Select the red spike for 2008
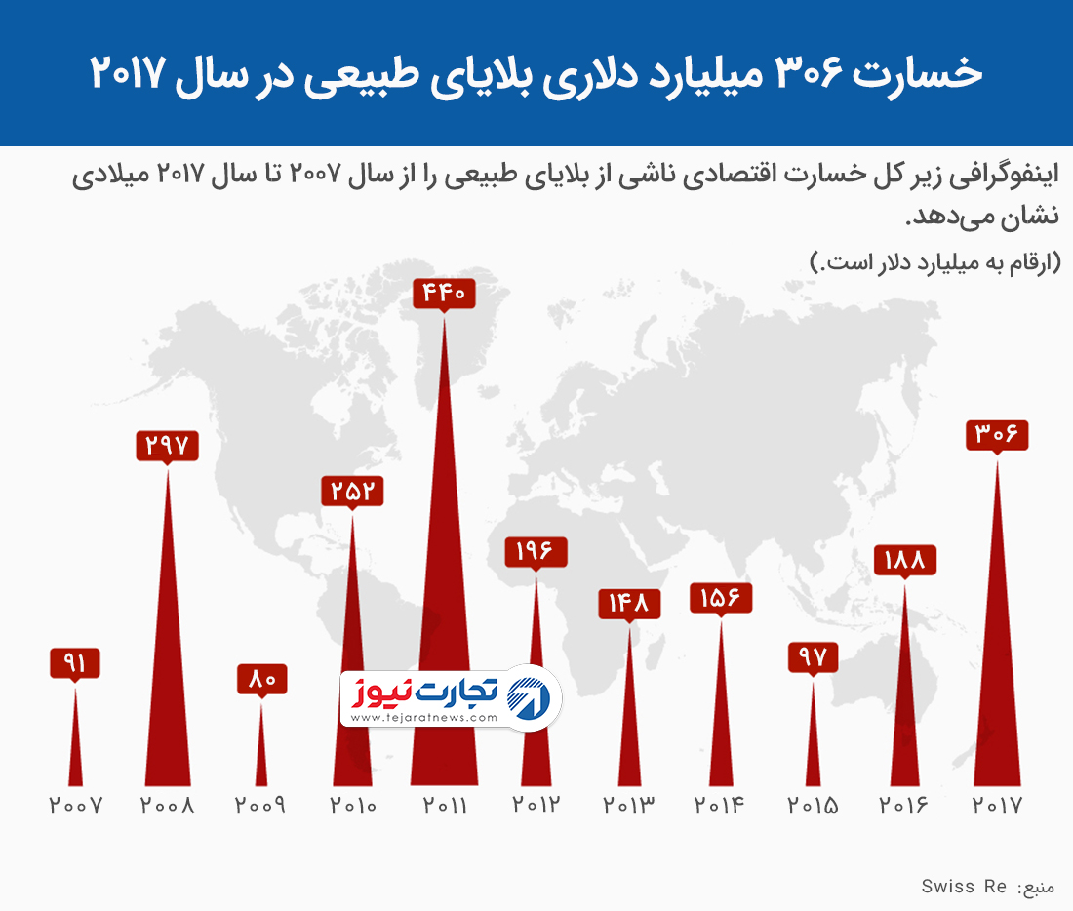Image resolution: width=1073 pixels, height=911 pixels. (x=168, y=683)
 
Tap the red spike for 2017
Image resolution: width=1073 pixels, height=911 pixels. (x=997, y=683)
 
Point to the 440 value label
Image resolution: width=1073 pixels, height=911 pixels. (x=445, y=292)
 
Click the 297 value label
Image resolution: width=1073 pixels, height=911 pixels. (x=168, y=446)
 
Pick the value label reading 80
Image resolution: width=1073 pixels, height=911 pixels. (x=261, y=678)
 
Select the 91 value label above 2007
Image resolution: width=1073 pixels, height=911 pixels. (x=75, y=664)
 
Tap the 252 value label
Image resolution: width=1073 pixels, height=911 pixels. (x=352, y=491)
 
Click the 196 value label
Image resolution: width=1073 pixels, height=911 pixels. (x=536, y=551)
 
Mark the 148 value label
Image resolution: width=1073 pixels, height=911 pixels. (x=629, y=603)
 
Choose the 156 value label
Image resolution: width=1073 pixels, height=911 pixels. (x=721, y=597)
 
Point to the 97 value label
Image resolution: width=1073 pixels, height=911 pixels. (x=813, y=656)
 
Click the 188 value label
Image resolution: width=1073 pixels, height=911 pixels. (x=904, y=560)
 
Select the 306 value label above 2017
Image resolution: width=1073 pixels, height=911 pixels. (x=997, y=434)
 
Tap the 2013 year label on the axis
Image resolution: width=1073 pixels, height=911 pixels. (x=629, y=807)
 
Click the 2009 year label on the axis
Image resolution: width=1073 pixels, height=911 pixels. (x=261, y=807)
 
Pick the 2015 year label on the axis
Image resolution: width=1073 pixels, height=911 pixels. (x=813, y=807)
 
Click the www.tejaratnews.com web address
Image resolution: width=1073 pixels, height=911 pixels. (x=423, y=718)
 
